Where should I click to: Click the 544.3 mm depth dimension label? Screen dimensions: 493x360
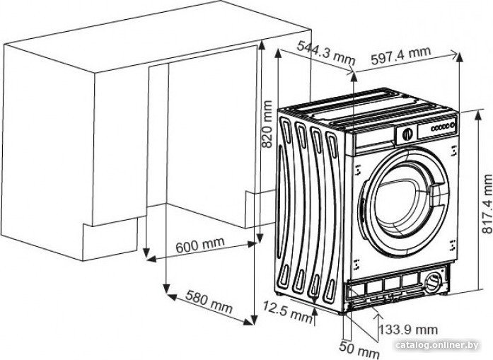point(326,52)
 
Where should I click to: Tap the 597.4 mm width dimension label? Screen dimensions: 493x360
point(400,56)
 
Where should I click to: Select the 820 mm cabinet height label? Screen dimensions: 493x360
point(267,124)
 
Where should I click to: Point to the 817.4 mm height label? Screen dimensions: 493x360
point(487,204)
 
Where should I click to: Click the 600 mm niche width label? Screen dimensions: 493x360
point(200,244)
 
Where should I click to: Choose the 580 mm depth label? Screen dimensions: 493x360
point(209,301)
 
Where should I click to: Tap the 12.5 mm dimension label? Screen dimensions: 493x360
point(287,311)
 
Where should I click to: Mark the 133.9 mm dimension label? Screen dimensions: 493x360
point(408,330)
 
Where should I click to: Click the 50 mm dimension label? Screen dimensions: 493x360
point(359,348)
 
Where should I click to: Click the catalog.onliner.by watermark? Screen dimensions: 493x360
point(436,345)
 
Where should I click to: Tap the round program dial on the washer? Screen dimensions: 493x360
point(407,134)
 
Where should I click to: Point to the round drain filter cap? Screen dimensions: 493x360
point(434,281)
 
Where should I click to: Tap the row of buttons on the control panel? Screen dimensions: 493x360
point(443,127)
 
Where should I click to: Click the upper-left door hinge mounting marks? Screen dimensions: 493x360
point(357,170)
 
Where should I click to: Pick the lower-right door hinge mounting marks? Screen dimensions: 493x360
point(453,245)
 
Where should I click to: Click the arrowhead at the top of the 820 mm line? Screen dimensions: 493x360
point(261,45)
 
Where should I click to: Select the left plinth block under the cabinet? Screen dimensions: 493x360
point(110,239)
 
